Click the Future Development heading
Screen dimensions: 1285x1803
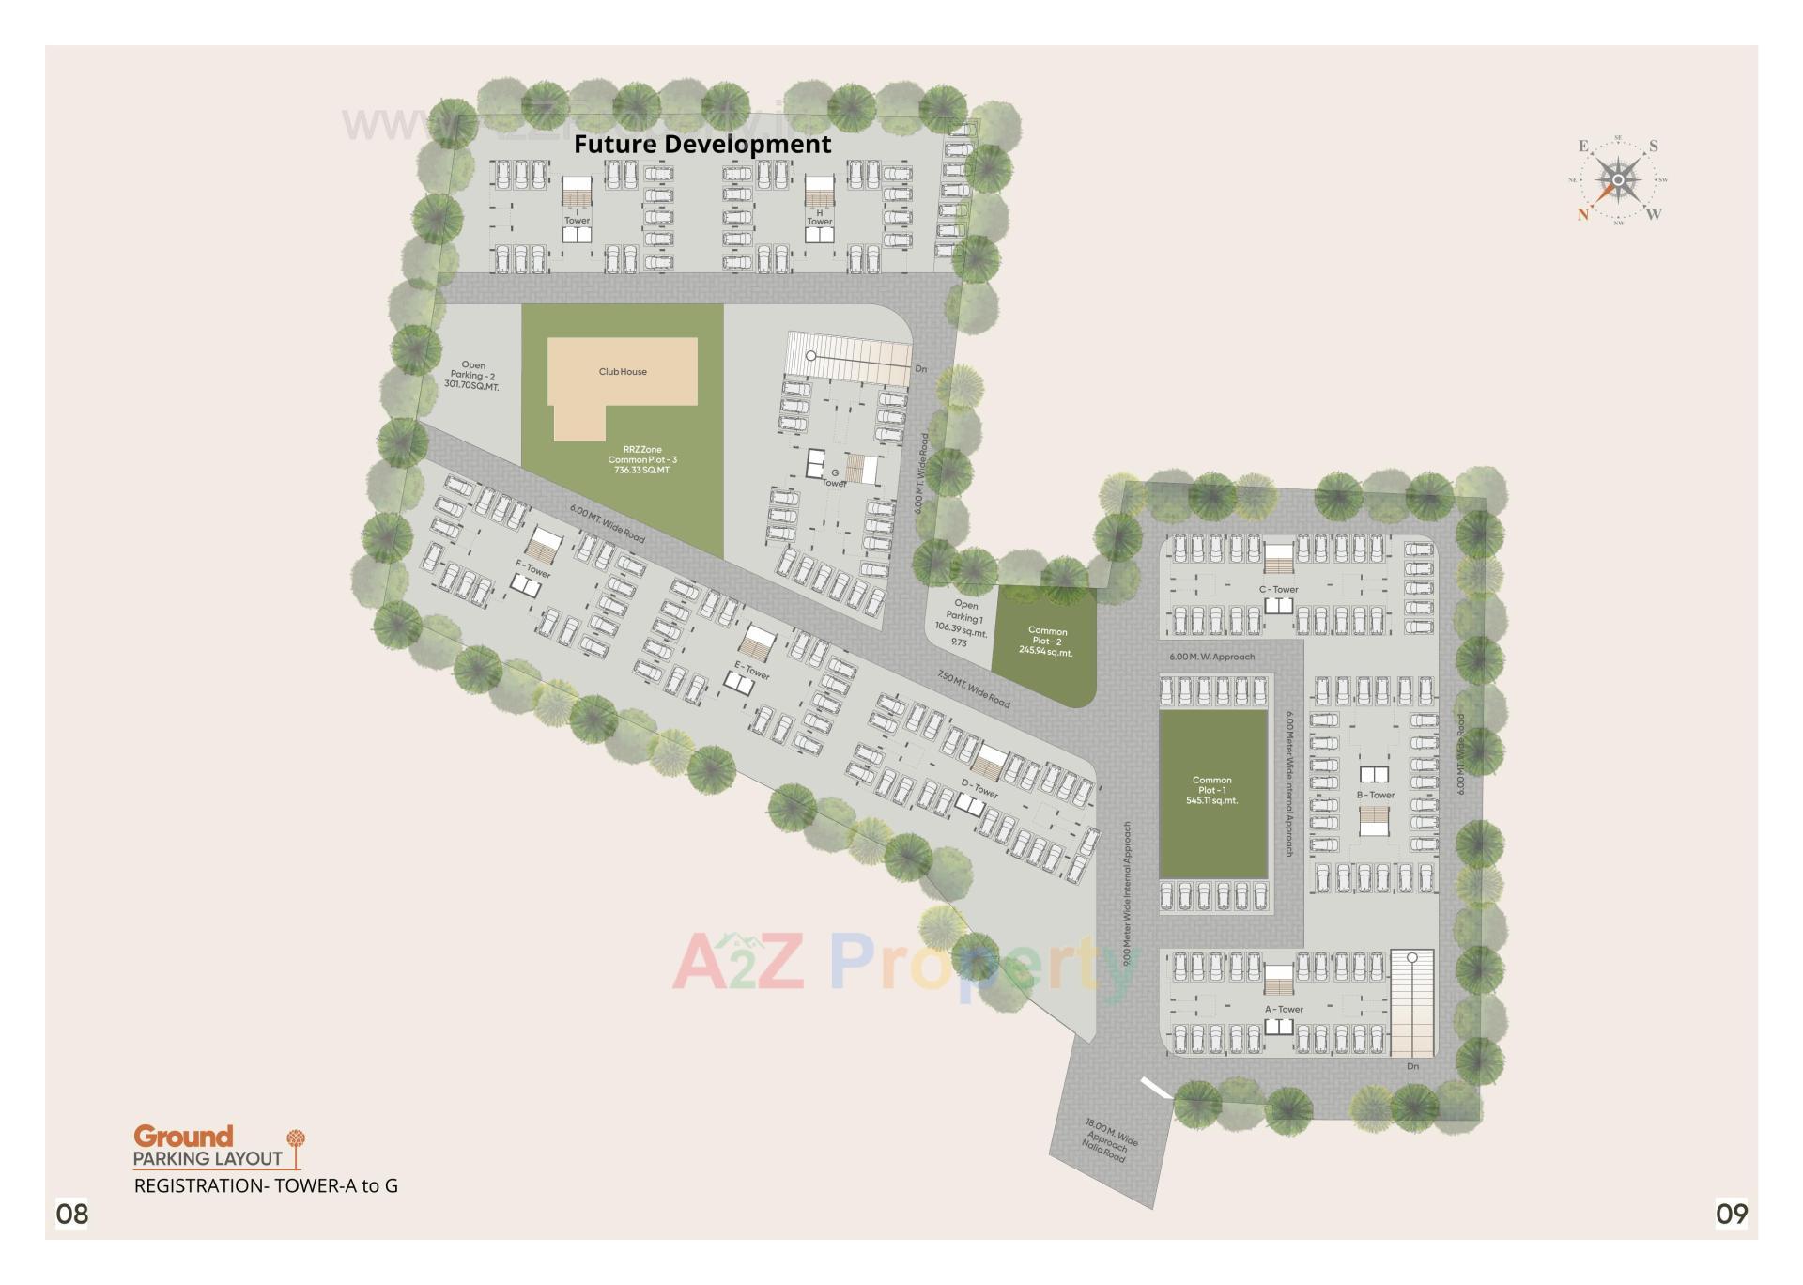pyautogui.click(x=702, y=145)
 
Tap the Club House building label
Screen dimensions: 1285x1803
pyautogui.click(x=623, y=372)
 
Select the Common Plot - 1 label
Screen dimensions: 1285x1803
pyautogui.click(x=1211, y=790)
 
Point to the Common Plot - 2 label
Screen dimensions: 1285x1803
pyautogui.click(x=1046, y=642)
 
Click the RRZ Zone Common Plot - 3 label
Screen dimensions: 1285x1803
pyautogui.click(x=642, y=459)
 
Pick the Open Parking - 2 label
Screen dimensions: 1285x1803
pyautogui.click(x=472, y=376)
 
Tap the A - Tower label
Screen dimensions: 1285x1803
pyautogui.click(x=1284, y=1010)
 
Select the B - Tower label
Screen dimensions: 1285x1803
pyautogui.click(x=1375, y=795)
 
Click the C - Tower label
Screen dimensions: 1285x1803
pyautogui.click(x=1278, y=590)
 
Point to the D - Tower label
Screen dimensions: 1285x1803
pyautogui.click(x=979, y=788)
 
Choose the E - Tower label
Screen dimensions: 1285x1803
pyautogui.click(x=751, y=671)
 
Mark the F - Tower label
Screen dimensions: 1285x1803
pyautogui.click(x=532, y=569)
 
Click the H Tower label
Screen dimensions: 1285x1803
pyautogui.click(x=819, y=217)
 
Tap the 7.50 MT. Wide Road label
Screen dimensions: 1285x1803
pyautogui.click(x=974, y=689)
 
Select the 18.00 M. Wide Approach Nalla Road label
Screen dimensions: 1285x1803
pyautogui.click(x=1109, y=1140)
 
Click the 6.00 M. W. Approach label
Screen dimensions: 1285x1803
pyautogui.click(x=1211, y=657)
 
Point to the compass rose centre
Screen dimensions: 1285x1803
pyautogui.click(x=1618, y=179)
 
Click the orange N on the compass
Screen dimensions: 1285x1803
pyautogui.click(x=1584, y=214)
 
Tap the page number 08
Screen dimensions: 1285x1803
pyautogui.click(x=72, y=1214)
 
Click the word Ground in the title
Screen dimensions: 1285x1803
pyautogui.click(x=183, y=1137)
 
